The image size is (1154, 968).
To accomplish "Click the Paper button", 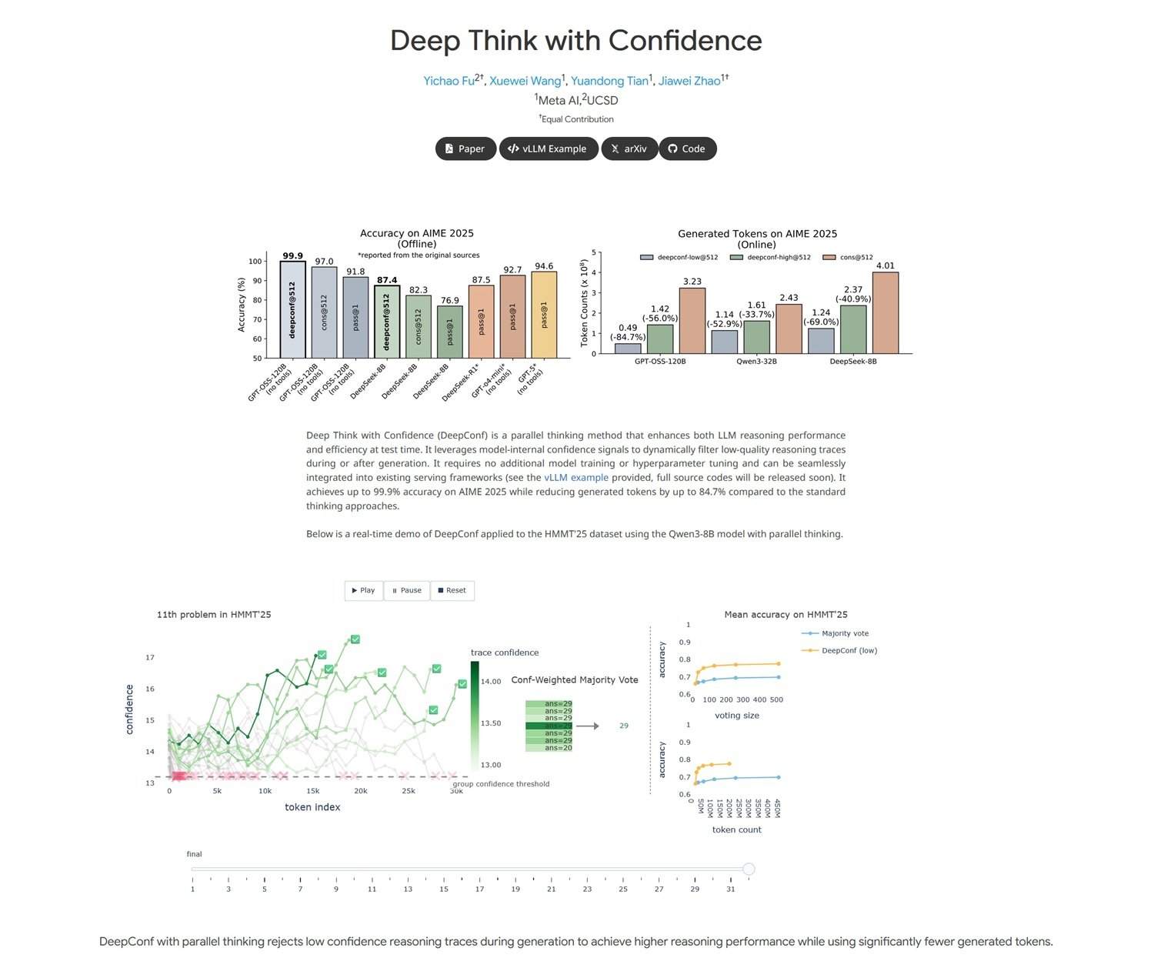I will (465, 149).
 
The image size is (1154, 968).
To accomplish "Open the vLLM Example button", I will (548, 149).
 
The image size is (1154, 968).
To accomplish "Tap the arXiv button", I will (629, 149).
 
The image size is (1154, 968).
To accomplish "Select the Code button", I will (687, 149).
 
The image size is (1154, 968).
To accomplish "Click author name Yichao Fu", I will (449, 81).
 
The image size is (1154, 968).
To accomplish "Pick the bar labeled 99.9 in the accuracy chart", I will (292, 309).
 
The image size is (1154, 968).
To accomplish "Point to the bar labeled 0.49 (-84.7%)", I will (628, 349).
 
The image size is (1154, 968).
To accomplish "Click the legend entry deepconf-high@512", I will (770, 257).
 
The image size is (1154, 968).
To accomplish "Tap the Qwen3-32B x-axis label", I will (756, 361).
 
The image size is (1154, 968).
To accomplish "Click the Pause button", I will (406, 590).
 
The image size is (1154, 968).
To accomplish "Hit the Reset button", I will (452, 590).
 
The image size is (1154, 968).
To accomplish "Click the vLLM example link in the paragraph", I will (575, 478).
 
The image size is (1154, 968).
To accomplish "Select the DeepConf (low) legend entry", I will (849, 650).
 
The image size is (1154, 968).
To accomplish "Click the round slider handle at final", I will (749, 869).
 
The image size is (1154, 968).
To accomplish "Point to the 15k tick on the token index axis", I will (312, 790).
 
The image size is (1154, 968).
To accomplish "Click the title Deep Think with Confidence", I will (576, 40).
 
